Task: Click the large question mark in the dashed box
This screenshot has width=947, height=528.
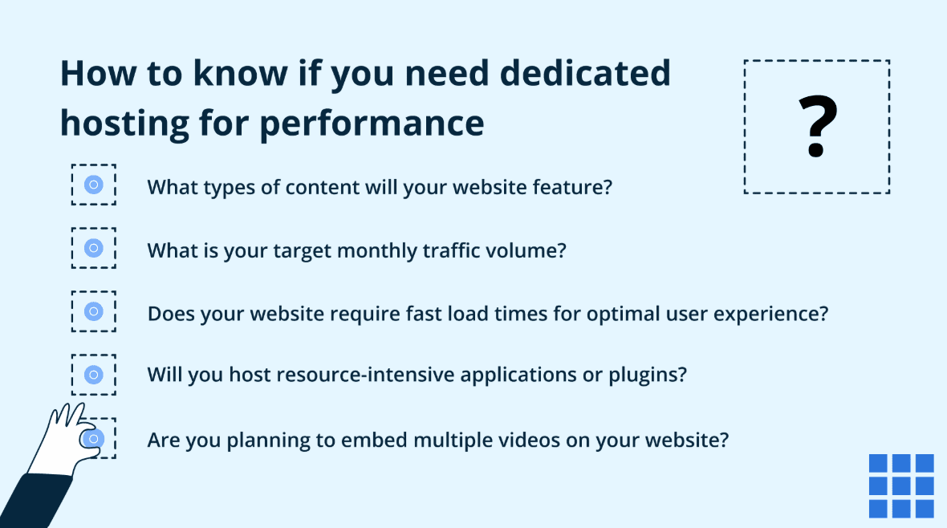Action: (x=817, y=127)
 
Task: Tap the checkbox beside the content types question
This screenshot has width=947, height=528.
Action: (x=94, y=185)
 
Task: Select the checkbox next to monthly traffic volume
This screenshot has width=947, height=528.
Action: (x=94, y=248)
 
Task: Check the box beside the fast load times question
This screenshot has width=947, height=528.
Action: (x=94, y=311)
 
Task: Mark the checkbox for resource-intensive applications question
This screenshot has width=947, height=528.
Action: (x=94, y=375)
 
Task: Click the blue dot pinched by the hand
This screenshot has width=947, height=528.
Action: (x=93, y=439)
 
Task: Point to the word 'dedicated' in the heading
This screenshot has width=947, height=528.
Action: (x=585, y=73)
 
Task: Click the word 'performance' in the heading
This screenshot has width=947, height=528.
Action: (x=372, y=124)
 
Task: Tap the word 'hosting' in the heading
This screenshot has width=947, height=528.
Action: (x=125, y=124)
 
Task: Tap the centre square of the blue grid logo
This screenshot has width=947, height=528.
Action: (x=901, y=485)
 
